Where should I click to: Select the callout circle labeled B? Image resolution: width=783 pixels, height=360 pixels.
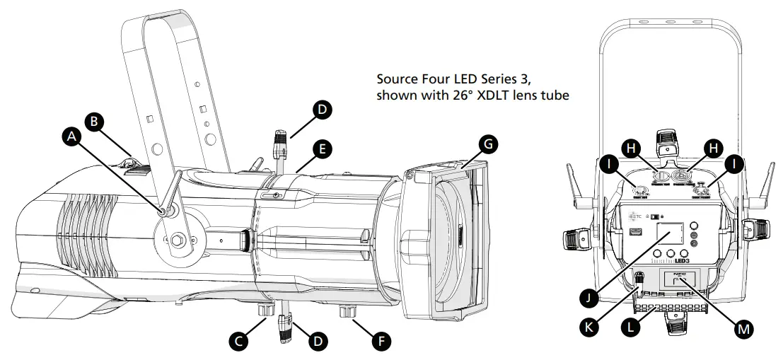[x=93, y=121]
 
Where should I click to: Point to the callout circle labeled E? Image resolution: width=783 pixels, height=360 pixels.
[x=322, y=149]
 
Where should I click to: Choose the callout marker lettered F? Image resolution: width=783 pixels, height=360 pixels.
[x=381, y=341]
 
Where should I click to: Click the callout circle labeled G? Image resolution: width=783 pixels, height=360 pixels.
[x=487, y=144]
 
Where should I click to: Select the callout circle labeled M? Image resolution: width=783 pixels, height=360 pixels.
[x=742, y=329]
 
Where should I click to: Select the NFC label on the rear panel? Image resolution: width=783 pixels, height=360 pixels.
[x=680, y=271]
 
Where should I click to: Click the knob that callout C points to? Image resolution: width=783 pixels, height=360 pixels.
[x=266, y=310]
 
